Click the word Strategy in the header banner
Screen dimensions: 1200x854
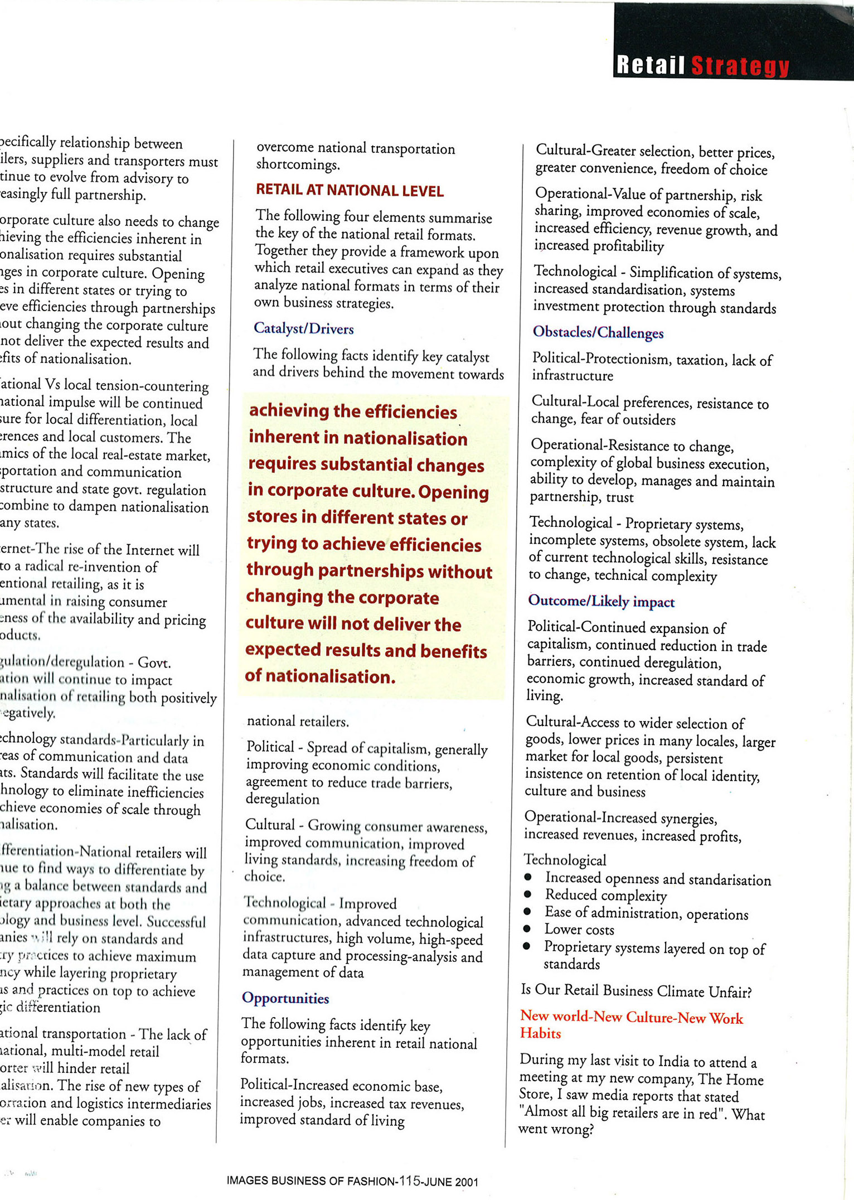(x=740, y=66)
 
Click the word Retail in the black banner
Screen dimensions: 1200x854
(x=650, y=65)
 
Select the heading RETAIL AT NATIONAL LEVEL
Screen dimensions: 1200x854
(x=350, y=191)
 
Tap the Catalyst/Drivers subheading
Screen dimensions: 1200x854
(x=304, y=328)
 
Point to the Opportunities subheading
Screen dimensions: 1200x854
(x=285, y=998)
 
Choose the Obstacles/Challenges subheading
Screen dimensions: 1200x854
(x=598, y=332)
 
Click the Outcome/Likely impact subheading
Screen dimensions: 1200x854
(x=601, y=601)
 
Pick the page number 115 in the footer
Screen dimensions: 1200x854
(x=409, y=1180)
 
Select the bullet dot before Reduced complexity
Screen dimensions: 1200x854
(x=527, y=894)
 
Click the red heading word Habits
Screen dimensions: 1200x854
(x=540, y=1033)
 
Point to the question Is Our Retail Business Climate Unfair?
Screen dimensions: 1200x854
(x=636, y=991)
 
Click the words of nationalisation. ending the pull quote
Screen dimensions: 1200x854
(x=320, y=676)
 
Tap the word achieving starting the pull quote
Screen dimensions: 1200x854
(x=289, y=411)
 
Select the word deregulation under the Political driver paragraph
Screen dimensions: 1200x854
(x=283, y=799)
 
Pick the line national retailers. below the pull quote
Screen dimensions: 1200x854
(x=298, y=722)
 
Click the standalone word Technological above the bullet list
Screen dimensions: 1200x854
(x=565, y=860)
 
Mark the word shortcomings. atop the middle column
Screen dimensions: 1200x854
(x=298, y=165)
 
